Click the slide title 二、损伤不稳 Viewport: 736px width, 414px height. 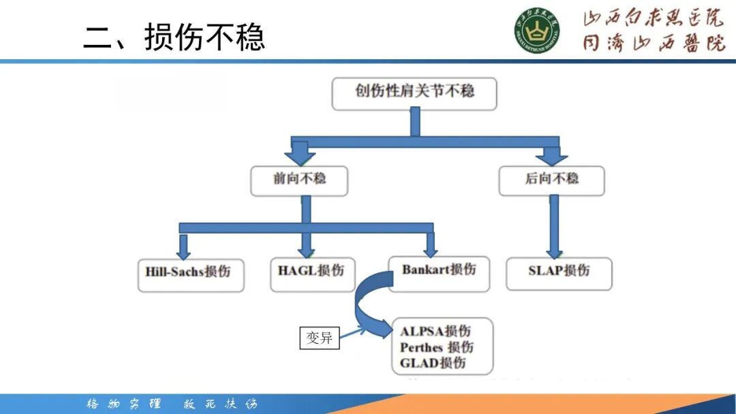pos(174,37)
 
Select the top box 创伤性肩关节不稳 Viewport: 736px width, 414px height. pos(414,93)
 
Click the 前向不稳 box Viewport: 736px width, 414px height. pos(299,180)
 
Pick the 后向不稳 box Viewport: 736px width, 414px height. pos(551,180)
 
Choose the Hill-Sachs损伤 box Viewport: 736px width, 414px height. pos(190,273)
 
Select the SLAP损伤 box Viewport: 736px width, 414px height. pos(559,272)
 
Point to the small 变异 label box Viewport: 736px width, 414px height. pos(320,338)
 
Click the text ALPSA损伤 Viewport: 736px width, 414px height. pos(435,332)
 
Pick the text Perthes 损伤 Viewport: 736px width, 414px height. pos(437,347)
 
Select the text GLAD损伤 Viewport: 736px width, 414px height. pos(433,363)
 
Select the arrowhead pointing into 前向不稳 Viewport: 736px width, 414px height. pos(299,156)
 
